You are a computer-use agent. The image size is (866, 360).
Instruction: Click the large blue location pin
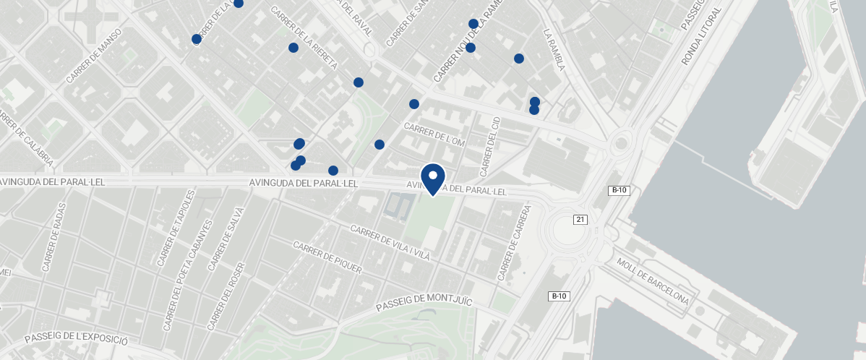click(432, 178)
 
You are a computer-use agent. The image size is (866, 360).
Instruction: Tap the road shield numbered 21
click(579, 219)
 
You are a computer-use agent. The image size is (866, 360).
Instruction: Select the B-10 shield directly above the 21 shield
click(619, 191)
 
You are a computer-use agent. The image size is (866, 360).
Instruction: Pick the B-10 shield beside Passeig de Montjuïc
click(558, 296)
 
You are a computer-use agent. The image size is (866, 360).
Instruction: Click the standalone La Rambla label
click(553, 50)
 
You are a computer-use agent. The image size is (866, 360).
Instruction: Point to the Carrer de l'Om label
click(434, 134)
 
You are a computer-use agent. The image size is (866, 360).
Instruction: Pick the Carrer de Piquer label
click(327, 257)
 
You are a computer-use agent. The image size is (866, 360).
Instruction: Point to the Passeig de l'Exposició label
click(76, 338)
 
